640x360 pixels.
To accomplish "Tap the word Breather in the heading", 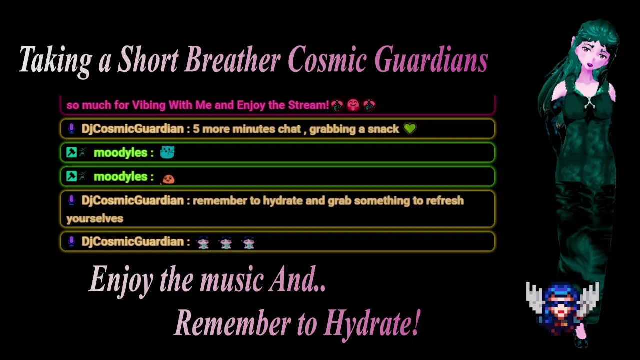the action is point(232,59).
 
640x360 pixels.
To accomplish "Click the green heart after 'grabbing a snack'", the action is point(410,129).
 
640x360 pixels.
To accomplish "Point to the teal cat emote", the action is point(167,152).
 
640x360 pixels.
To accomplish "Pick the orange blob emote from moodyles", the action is point(168,179).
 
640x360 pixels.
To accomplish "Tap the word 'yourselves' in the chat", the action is point(95,219).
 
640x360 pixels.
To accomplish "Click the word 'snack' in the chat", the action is point(383,129).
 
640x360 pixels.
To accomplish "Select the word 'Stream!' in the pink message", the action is point(309,105).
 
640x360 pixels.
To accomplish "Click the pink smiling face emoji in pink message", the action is point(353,105).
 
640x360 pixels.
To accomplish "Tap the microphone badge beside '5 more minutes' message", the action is point(71,129).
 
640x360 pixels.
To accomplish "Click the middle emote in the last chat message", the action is point(226,243).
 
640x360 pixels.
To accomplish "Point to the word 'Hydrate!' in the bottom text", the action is point(372,324).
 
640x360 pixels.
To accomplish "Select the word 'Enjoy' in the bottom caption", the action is point(121,282).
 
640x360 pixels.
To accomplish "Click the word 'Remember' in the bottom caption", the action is point(232,323).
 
